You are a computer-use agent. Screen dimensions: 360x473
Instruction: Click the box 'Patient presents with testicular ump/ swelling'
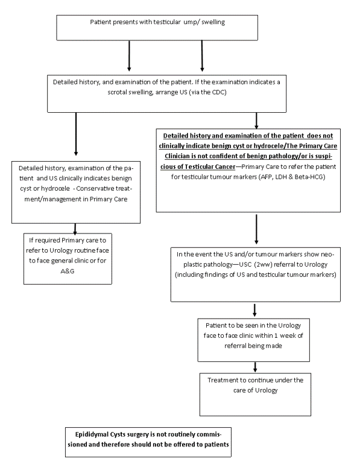[x=157, y=28]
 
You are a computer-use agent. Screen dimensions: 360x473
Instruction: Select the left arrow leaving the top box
[x=129, y=56]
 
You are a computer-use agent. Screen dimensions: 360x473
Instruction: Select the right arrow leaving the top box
[x=202, y=56]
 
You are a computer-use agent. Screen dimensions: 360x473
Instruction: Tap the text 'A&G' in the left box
[x=68, y=271]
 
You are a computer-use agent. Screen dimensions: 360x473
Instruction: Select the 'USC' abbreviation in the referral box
[x=245, y=264]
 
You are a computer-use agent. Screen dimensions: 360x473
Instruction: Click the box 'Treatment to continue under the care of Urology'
[x=255, y=395]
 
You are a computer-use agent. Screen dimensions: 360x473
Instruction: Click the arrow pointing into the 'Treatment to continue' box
[x=255, y=367]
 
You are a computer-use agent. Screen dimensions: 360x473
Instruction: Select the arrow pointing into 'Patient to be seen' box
[x=254, y=310]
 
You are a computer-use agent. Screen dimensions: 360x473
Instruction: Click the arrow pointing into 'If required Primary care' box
[x=75, y=229]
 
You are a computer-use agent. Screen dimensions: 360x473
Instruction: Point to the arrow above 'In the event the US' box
[x=256, y=229]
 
